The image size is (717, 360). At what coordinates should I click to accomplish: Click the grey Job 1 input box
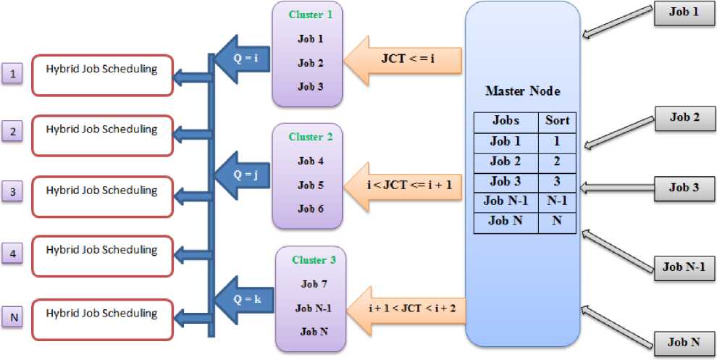[684, 14]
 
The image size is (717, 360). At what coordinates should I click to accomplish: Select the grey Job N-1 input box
[684, 267]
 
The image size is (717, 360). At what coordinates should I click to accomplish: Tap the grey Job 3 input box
[684, 188]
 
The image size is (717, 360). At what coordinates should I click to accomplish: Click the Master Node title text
[522, 92]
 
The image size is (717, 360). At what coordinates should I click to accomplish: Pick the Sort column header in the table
[557, 121]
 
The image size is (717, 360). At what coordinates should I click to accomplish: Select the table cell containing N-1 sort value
[557, 201]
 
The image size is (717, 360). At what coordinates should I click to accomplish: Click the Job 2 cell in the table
[506, 162]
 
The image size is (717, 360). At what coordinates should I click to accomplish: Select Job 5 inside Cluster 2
[311, 185]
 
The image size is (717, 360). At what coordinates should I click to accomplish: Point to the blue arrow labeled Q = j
[243, 175]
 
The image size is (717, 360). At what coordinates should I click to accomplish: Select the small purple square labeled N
[13, 317]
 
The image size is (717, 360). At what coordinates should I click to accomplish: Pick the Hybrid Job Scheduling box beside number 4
[101, 255]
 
